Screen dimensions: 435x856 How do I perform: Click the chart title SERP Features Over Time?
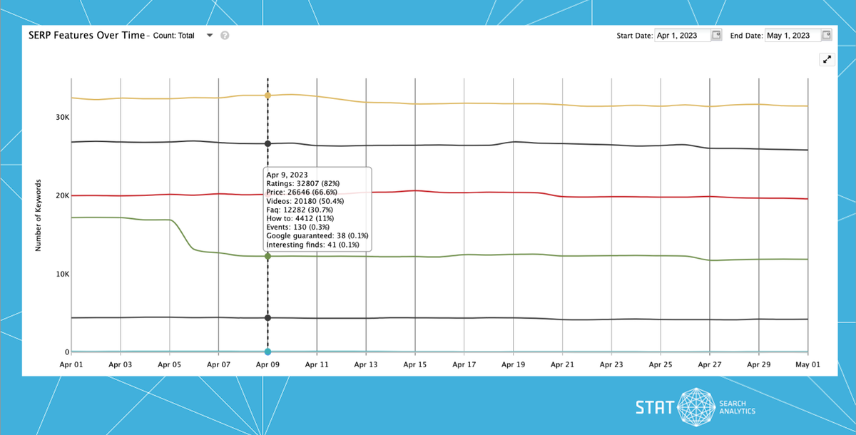[x=86, y=35]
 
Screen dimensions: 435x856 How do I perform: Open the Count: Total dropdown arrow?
[x=210, y=35]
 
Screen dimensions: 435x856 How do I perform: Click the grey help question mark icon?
[x=225, y=36]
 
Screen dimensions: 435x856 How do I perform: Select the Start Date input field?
[x=683, y=36]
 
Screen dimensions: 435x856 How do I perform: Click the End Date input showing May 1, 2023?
[x=792, y=36]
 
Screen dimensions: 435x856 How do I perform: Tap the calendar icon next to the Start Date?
[x=716, y=35]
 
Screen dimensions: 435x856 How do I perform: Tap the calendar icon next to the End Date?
[x=826, y=35]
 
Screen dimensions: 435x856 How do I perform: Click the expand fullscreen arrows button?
[x=827, y=60]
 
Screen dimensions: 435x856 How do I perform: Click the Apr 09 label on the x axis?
[x=267, y=364]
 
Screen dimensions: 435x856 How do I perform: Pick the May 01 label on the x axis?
[x=807, y=364]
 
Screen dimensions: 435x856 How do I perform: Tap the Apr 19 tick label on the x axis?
[x=513, y=364]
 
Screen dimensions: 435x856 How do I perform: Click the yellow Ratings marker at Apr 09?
[x=267, y=95]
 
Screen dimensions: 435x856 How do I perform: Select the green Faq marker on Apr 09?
[x=267, y=256]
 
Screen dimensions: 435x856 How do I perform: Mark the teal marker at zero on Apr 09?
[x=267, y=352]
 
